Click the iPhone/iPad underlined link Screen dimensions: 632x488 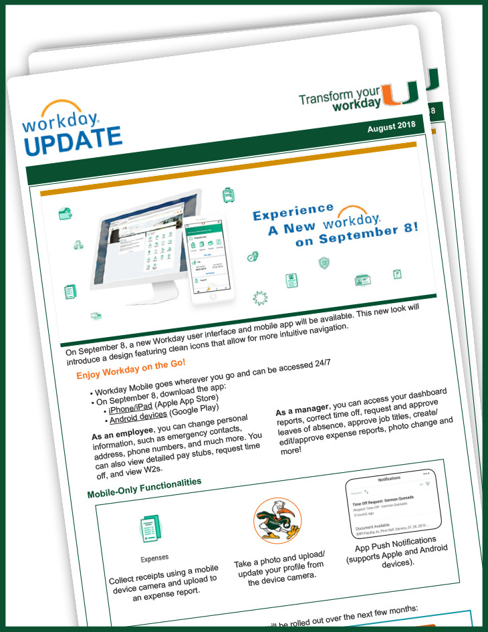(x=130, y=409)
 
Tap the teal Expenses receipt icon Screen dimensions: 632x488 (x=153, y=528)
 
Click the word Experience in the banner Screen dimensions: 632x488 (x=293, y=213)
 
